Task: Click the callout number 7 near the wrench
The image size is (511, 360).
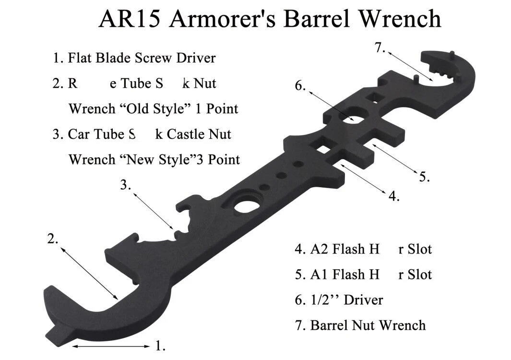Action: tap(380, 49)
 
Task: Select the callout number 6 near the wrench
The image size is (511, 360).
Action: tap(300, 85)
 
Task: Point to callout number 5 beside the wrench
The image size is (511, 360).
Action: tap(424, 176)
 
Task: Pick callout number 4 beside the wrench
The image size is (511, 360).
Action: tap(393, 196)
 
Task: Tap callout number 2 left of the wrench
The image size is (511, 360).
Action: tap(53, 239)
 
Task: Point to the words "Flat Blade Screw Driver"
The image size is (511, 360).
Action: tap(142, 58)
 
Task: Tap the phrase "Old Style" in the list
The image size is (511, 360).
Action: tap(158, 108)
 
